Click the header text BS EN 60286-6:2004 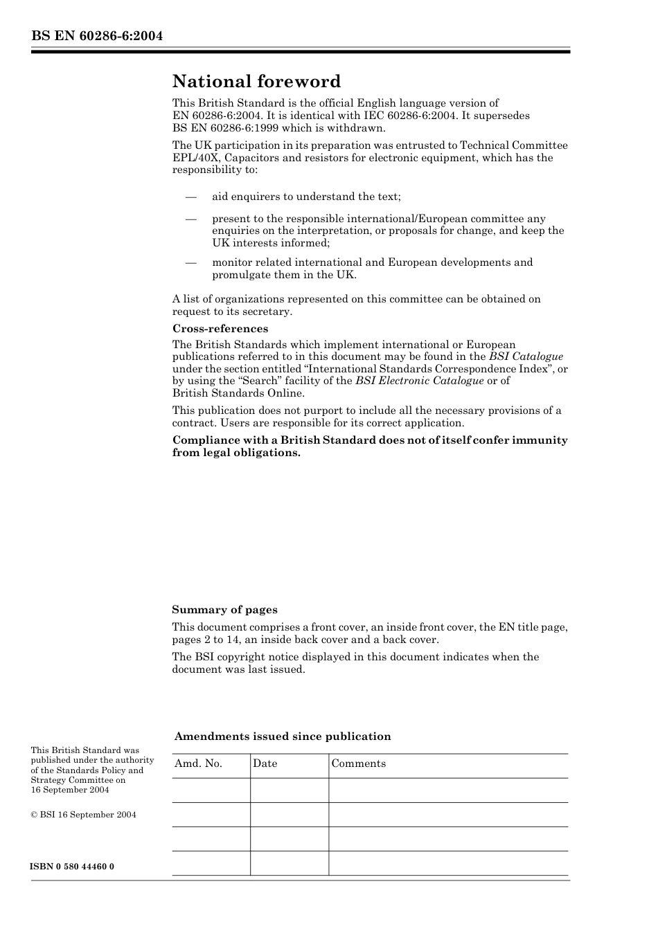[96, 36]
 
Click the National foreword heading [256, 82]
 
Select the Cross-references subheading [220, 329]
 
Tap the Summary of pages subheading [224, 610]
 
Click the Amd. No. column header [198, 763]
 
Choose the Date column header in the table [265, 763]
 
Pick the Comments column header [358, 763]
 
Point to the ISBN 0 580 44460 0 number [72, 867]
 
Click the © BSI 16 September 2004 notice [83, 815]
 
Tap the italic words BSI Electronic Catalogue [419, 381]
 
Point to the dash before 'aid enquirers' [191, 197]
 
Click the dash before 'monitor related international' [191, 263]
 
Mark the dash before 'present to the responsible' [191, 219]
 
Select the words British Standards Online [238, 393]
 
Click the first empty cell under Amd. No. [211, 790]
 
